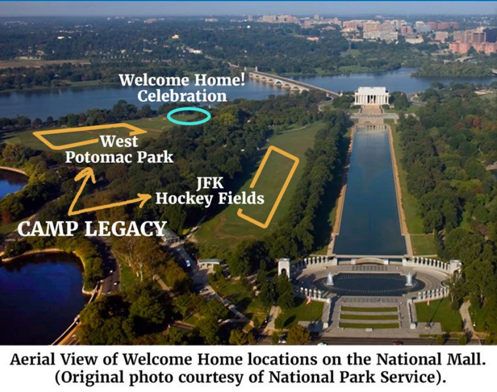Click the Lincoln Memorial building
[372, 96]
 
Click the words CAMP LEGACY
[92, 229]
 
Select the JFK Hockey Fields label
[209, 191]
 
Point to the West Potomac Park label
[119, 149]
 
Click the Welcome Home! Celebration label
[182, 88]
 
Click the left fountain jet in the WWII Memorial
[329, 279]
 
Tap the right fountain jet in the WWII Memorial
[409, 279]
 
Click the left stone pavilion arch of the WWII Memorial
[284, 268]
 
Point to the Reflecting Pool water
[370, 190]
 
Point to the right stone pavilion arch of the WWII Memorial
[455, 268]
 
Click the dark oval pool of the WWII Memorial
[370, 283]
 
